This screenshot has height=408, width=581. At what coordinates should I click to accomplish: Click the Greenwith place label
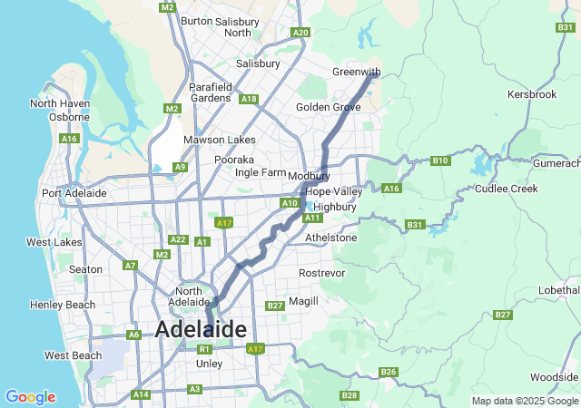coord(356,72)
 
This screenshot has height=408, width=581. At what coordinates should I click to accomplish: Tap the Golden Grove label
coord(328,107)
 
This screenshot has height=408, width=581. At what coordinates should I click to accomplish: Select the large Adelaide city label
coord(201,329)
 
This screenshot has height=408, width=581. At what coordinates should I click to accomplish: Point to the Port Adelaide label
coord(74,193)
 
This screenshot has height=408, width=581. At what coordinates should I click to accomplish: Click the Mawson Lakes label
coord(219,140)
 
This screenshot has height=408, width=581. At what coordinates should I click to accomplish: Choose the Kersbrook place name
coord(531,94)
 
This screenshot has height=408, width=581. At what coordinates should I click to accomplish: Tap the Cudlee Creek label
coord(506,189)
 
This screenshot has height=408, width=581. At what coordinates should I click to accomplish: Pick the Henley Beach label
coord(63,305)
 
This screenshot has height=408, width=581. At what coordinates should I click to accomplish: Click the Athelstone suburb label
coord(330,238)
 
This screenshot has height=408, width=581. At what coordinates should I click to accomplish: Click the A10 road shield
coord(290,203)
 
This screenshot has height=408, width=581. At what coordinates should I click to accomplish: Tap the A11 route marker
coord(313,218)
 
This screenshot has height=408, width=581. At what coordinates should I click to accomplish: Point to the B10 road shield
coord(440,160)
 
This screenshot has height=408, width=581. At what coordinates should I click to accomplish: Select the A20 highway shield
coord(300,33)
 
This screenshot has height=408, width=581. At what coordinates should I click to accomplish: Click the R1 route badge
coord(205,349)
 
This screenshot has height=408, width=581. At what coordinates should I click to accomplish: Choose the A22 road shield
coord(178,239)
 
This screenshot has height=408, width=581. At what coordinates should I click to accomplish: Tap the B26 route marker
coord(389,372)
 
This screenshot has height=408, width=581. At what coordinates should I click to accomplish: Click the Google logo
coord(30,397)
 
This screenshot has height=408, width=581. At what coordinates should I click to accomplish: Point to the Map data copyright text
coord(524,401)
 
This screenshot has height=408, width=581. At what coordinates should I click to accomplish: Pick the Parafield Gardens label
coord(211,92)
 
